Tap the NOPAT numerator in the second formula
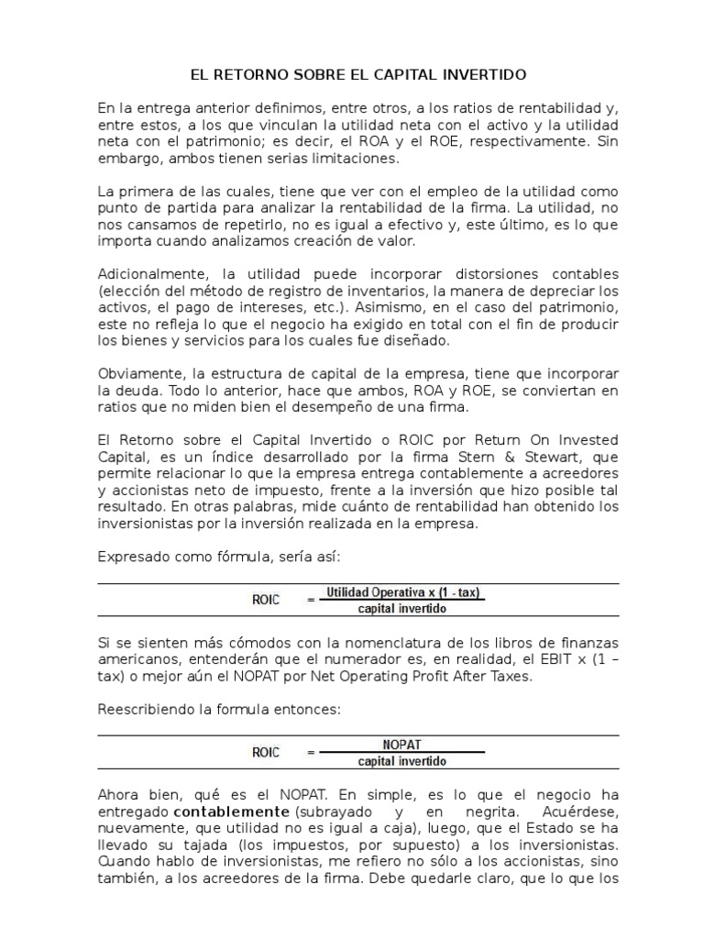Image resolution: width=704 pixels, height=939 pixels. click(401, 746)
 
